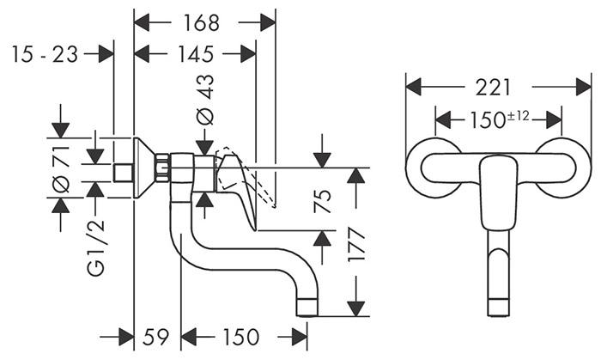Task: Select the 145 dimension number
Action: click(x=195, y=54)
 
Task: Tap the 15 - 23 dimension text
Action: click(x=45, y=54)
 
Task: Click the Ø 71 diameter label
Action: click(x=60, y=169)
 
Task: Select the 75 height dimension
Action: click(x=323, y=200)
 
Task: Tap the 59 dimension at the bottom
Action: click(x=156, y=337)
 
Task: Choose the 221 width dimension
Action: click(x=495, y=87)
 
